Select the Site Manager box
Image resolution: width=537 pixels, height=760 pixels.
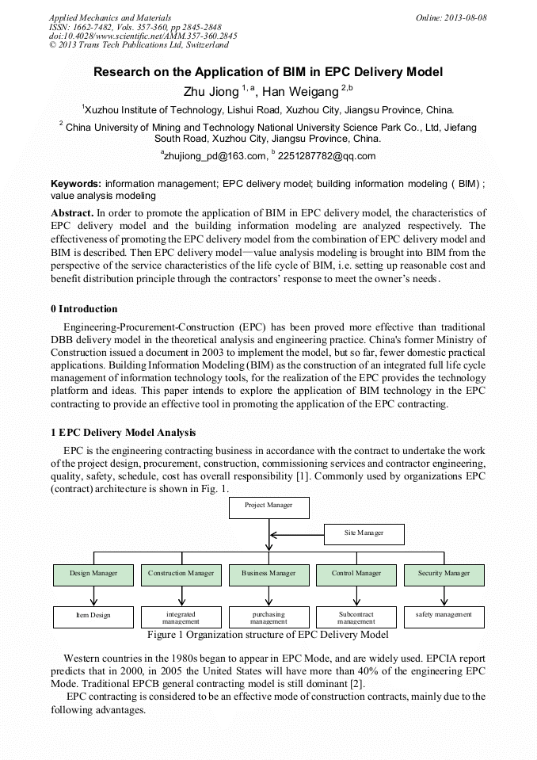coord(364,534)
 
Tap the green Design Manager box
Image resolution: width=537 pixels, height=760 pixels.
coord(93,575)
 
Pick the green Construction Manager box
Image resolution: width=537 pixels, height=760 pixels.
coord(181,575)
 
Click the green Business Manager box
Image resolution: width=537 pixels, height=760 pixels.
coord(268,575)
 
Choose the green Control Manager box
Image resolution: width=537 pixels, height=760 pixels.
coord(356,575)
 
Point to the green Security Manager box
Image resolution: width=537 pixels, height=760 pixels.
coord(444,575)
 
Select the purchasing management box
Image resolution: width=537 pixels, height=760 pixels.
coord(268,617)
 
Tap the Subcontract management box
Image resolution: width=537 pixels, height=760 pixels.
coord(356,617)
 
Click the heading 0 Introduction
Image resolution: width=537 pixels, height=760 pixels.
coord(83,309)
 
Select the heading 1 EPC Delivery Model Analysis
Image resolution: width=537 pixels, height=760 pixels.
coord(123,433)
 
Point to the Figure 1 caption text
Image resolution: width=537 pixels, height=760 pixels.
coord(268,635)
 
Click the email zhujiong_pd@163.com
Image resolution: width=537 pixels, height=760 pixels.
coord(212,156)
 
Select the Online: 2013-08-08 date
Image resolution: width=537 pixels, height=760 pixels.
coord(451,17)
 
